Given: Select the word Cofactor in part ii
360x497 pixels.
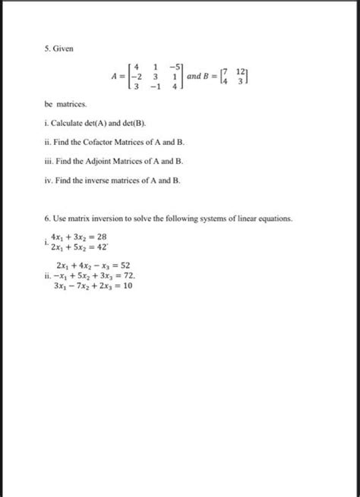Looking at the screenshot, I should point(115,143).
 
